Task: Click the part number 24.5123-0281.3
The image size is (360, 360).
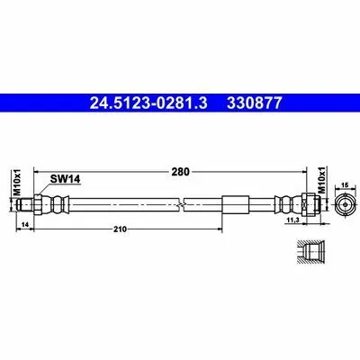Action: (x=148, y=103)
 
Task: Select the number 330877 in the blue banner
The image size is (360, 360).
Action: (x=255, y=103)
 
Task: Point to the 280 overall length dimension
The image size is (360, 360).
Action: (x=181, y=172)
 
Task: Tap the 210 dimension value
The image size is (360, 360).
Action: (x=120, y=229)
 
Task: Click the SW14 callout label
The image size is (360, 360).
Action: (x=65, y=179)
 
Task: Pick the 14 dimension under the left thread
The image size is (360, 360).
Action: (x=25, y=225)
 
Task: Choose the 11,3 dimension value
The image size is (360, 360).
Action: (x=292, y=220)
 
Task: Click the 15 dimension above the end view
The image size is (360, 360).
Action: (x=345, y=185)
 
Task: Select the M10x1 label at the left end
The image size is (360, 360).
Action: (x=18, y=182)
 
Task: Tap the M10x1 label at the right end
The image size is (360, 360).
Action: (x=321, y=180)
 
